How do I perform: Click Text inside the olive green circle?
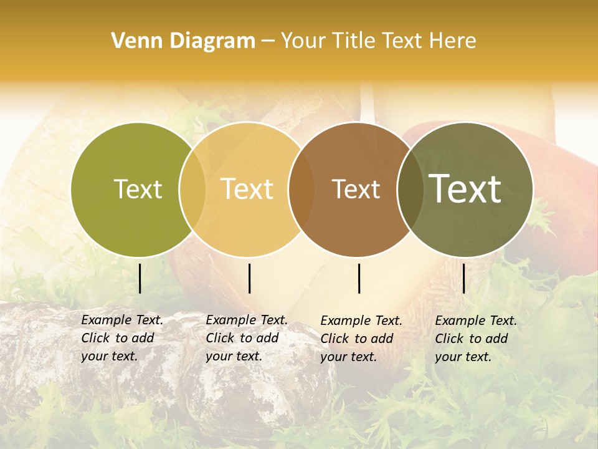[x=138, y=189]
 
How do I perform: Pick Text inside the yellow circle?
[x=247, y=189]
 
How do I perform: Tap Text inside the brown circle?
[x=356, y=189]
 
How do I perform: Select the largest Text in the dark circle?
[x=465, y=188]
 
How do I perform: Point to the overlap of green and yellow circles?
[x=192, y=189]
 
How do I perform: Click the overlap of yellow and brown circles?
[x=301, y=189]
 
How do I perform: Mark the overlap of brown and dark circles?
[x=411, y=189]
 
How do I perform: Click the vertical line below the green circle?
[x=140, y=278]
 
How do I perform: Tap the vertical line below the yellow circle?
[x=249, y=278]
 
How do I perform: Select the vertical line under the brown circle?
[x=359, y=278]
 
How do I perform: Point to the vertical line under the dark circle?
[x=463, y=278]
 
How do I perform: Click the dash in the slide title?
[x=268, y=42]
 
